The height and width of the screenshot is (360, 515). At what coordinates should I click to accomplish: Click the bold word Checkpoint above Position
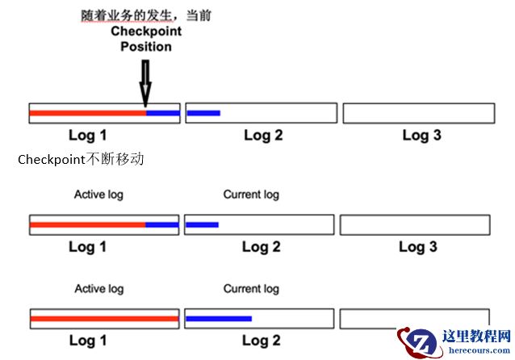click(145, 31)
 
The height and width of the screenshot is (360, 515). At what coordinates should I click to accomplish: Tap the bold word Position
click(145, 46)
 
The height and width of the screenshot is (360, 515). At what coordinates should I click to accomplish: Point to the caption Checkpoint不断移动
click(81, 160)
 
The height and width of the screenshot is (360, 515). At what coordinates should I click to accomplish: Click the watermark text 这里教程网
click(477, 336)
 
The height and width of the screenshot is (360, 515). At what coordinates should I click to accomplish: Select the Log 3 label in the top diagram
click(421, 135)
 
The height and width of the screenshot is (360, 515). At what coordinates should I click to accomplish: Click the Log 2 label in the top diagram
click(263, 135)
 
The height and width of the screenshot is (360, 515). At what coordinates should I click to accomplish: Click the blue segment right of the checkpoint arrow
click(162, 113)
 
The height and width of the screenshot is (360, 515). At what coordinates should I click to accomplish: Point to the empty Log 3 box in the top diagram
click(419, 113)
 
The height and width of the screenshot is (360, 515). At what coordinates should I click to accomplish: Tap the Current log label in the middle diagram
click(251, 195)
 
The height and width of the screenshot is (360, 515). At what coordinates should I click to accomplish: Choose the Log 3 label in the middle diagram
click(418, 246)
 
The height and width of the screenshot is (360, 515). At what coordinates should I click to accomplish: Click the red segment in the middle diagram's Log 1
click(87, 224)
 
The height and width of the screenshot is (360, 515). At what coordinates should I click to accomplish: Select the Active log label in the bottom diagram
click(98, 288)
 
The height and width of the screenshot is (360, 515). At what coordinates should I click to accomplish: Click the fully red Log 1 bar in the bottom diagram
click(103, 319)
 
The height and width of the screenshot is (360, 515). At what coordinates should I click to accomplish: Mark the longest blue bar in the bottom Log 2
click(219, 318)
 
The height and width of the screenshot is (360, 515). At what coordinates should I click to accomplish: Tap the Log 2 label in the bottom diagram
click(262, 341)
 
